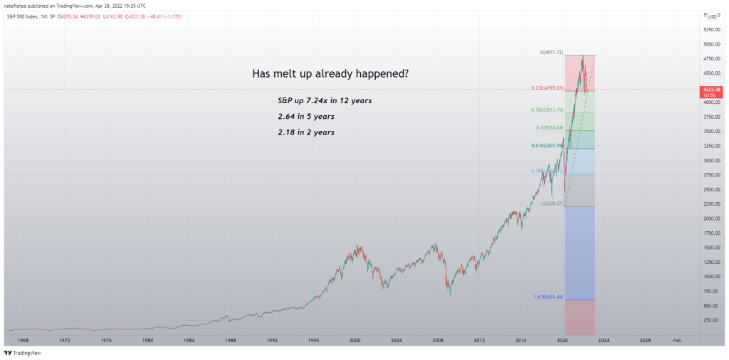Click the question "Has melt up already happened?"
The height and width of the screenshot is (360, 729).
pos(330,74)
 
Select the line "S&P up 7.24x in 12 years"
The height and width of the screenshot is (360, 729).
pos(325,101)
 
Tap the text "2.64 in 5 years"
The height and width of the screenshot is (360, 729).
pos(306,116)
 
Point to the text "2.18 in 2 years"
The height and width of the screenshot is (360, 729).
pos(306,132)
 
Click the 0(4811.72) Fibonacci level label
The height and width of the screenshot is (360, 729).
pos(552,53)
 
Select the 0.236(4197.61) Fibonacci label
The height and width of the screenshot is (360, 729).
pos(547,88)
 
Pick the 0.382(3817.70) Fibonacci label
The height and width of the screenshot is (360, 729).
pos(547,110)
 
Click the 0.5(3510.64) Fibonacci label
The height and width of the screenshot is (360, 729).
pos(549,128)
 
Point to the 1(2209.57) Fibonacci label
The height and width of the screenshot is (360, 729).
pos(552,203)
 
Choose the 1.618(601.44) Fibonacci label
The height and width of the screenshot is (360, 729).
pos(548,296)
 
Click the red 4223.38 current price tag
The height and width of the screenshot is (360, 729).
pos(713,89)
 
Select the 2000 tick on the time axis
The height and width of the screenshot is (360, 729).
pos(355,341)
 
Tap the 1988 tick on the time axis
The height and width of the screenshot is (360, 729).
pos(231,341)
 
